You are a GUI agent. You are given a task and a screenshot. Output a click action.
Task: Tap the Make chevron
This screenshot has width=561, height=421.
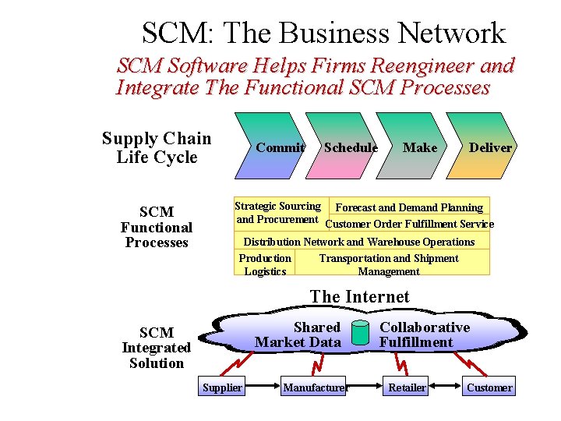[x=420, y=147]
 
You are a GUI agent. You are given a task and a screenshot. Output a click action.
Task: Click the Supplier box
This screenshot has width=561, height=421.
[x=222, y=387]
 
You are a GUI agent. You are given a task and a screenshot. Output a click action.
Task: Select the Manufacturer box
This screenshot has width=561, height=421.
[x=314, y=387]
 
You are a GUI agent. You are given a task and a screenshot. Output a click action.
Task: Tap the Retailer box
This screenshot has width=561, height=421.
[x=408, y=387]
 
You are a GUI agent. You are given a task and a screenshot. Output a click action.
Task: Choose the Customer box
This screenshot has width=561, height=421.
[x=489, y=387]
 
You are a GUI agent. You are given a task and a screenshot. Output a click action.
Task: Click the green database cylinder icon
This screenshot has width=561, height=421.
[x=359, y=333]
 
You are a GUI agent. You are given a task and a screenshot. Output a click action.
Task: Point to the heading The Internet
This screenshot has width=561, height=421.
[x=359, y=297]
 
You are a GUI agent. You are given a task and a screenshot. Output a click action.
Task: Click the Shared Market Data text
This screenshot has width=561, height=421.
[x=298, y=334]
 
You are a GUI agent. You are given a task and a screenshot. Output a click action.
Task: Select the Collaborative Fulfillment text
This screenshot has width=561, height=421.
[x=424, y=334]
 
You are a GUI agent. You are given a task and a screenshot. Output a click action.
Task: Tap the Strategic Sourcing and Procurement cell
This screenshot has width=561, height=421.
[x=278, y=213]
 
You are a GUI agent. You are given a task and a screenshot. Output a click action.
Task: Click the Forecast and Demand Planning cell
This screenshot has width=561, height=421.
[x=409, y=207]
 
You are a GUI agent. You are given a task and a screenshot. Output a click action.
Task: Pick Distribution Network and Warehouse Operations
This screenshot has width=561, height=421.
[x=359, y=242]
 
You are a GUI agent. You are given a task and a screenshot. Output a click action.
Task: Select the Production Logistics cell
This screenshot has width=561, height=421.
[x=265, y=265]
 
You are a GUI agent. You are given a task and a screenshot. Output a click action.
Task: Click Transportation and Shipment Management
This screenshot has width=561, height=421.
[x=389, y=265]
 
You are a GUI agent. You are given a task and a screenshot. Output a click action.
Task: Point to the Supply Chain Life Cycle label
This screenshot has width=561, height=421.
[x=157, y=148]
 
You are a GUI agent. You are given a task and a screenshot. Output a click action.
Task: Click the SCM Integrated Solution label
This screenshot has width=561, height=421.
[x=157, y=348]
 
